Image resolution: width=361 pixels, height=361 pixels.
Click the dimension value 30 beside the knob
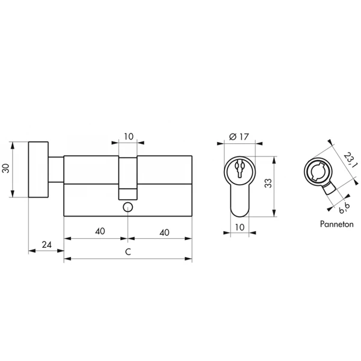[x=6, y=168]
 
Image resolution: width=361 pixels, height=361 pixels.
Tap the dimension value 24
[x=47, y=245]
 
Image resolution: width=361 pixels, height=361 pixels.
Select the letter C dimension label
[x=128, y=251]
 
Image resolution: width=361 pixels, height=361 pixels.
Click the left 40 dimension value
[x=100, y=231]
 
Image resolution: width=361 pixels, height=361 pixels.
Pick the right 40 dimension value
[x=164, y=232]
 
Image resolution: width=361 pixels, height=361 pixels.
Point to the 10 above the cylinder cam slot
[x=129, y=137]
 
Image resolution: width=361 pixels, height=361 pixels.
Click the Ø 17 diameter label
[x=239, y=137]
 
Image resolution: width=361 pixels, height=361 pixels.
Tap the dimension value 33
[x=268, y=184]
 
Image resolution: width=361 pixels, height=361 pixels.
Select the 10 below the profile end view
[x=239, y=227]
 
